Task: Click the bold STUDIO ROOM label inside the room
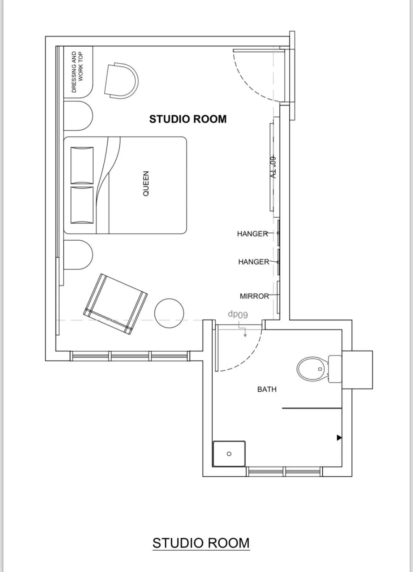188,119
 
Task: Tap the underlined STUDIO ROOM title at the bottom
201,543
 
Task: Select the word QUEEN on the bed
146,183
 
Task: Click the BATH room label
267,389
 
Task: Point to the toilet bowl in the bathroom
312,369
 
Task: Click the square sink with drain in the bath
229,454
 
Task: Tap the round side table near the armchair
169,313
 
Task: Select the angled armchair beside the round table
115,304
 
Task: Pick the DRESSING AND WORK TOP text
77,72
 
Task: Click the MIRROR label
254,296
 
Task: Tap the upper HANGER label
252,234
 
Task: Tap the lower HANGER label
253,262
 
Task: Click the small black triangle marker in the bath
339,438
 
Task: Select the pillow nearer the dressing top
82,165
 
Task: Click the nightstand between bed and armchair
78,255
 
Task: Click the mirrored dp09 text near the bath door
238,314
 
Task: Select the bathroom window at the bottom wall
284,471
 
